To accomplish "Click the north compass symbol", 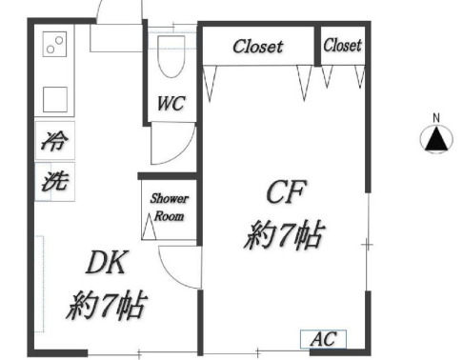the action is pyautogui.click(x=436, y=140).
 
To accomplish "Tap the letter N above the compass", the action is pyautogui.click(x=436, y=119).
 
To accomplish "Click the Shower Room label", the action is pyautogui.click(x=168, y=207).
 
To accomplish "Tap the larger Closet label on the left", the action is pyautogui.click(x=257, y=46).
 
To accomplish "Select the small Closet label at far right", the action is pyautogui.click(x=342, y=45).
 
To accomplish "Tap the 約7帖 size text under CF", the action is pyautogui.click(x=284, y=234).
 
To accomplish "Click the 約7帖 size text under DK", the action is pyautogui.click(x=106, y=307).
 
